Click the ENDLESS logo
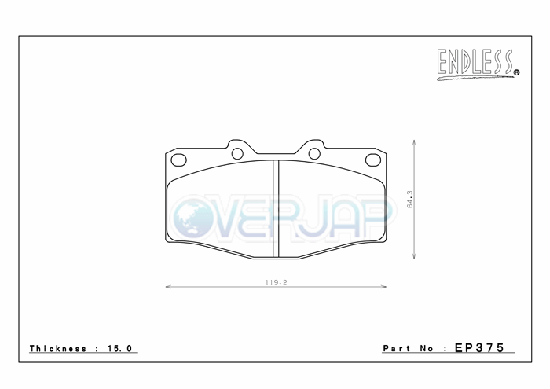pos(478,64)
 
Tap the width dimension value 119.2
pos(276,282)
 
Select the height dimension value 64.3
pos(409,200)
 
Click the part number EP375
pos(479,347)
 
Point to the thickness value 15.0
pos(119,348)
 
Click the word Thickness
pos(58,348)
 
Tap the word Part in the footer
pos(396,348)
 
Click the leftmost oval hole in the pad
pos(178,160)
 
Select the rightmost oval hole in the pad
pos(373,160)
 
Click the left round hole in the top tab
pos(237,153)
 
